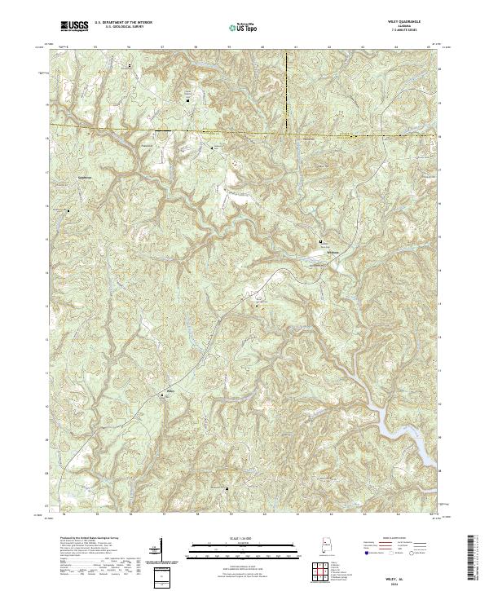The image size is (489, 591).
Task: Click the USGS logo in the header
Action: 74,27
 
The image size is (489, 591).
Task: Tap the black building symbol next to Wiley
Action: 172,397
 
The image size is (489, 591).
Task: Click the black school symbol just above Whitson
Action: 321,242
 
